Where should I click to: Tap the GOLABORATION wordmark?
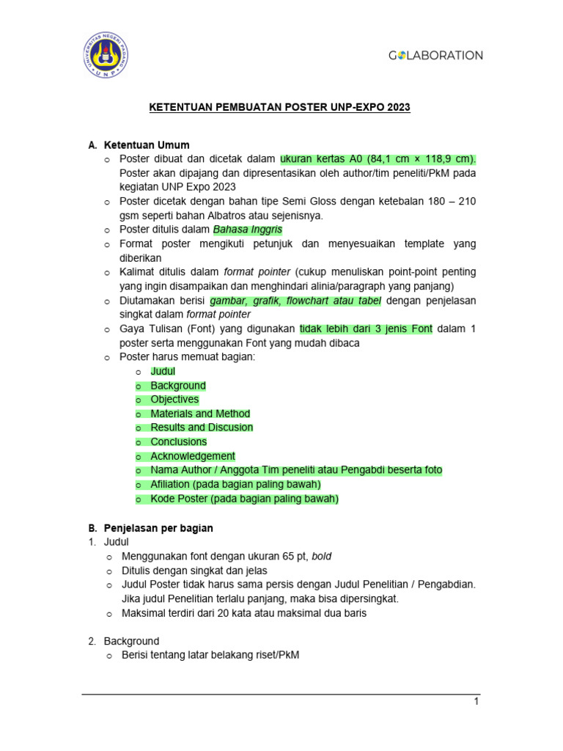(435, 55)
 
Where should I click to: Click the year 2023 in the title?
(397, 107)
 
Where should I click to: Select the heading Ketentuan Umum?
(147, 145)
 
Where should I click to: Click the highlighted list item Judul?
(163, 371)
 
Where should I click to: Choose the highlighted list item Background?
(178, 386)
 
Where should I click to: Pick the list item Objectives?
(174, 400)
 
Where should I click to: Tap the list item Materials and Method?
(200, 414)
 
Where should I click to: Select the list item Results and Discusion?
(202, 428)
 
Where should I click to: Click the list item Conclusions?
(179, 442)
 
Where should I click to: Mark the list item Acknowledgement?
(193, 456)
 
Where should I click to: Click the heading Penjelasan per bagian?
(158, 528)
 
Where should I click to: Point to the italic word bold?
(321, 557)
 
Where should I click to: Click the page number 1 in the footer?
(476, 702)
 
